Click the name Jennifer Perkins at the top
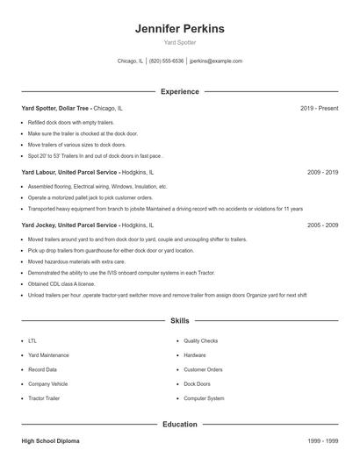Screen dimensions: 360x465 tap(179, 29)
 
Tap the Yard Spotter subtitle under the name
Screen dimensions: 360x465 tap(179, 42)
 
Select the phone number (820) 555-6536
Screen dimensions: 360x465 tap(166, 61)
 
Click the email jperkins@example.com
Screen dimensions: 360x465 tap(216, 61)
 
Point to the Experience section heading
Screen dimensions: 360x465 tap(179, 91)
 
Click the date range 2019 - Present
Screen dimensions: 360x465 tap(319, 108)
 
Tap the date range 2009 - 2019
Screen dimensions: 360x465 tap(322, 173)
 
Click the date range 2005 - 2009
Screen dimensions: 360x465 tap(322, 225)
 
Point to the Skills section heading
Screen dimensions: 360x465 tap(179, 321)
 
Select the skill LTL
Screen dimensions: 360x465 tap(32, 340)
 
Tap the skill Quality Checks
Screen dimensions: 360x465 tap(200, 340)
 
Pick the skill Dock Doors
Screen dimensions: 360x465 tap(197, 383)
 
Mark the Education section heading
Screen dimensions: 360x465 tap(179, 425)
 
